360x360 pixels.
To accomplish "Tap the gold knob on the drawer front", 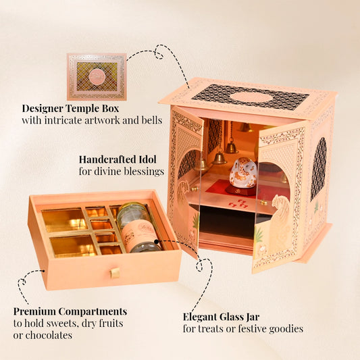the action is coord(115,273).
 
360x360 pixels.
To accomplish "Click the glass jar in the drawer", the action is coord(138,228).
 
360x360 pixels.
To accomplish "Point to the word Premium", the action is coord(34,311).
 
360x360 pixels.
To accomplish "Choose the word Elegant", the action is coord(200,317).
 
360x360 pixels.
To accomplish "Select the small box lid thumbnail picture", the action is coord(97,77).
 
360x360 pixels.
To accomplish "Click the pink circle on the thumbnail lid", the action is coord(97,77).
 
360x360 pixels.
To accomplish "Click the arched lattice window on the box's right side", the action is coord(318,168).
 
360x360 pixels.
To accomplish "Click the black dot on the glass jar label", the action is coord(156,242).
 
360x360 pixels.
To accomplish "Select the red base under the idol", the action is coord(240,190).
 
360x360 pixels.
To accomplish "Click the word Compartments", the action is coord(93,311).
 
